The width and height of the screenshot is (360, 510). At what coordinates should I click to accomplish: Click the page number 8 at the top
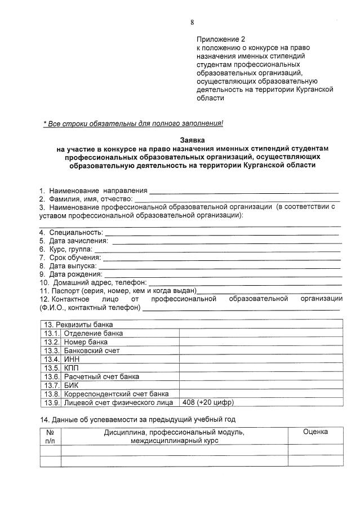coord(192,23)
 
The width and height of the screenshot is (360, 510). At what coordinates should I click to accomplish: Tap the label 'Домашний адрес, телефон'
coord(100,282)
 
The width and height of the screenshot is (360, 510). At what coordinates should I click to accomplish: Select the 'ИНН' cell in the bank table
coord(71,359)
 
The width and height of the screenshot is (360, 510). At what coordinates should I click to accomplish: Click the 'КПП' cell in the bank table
coord(71,367)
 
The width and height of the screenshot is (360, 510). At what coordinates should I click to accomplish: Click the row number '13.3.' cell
coord(52,351)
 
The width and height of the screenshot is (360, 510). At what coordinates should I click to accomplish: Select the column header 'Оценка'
coord(315,432)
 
